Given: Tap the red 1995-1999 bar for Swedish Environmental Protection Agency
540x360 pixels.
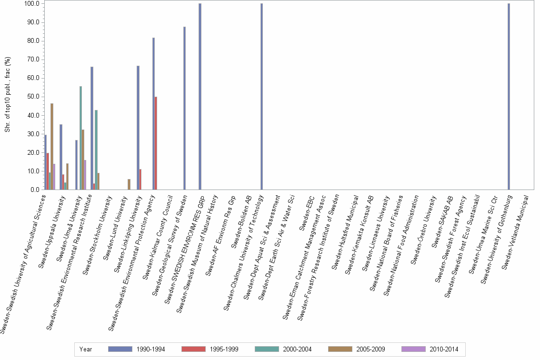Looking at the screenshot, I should [156, 143].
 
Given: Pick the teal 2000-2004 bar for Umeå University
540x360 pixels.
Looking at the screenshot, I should [81, 138].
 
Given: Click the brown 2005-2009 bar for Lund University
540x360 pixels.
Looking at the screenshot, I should [129, 185].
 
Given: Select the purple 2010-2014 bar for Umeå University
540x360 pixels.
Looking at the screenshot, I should [85, 175].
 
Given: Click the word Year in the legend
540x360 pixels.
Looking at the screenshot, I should [86, 350].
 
